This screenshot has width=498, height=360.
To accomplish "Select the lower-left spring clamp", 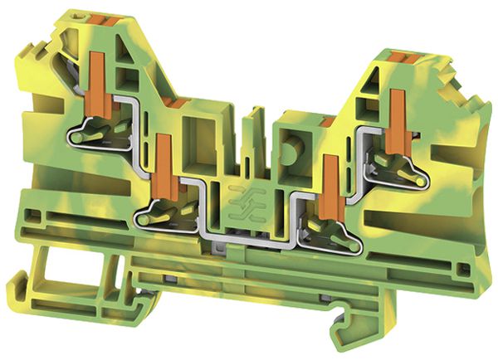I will click(x=167, y=213).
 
